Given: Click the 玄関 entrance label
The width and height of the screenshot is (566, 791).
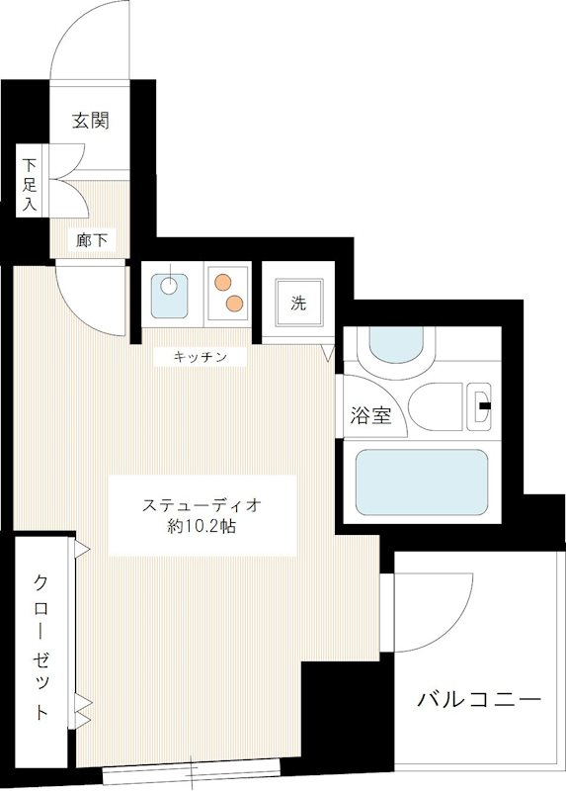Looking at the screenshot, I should click(x=89, y=121).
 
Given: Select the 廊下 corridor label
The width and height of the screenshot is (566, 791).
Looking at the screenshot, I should click(x=92, y=238).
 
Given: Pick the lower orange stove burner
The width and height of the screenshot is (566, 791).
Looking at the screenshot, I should click(x=234, y=302).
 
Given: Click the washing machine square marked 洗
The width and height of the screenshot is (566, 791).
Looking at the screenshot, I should click(x=298, y=303).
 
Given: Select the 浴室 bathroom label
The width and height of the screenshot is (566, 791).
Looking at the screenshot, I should click(x=371, y=415).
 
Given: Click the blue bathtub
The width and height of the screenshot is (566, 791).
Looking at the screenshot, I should click(x=421, y=483).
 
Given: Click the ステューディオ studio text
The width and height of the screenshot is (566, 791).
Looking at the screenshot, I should click(x=202, y=505).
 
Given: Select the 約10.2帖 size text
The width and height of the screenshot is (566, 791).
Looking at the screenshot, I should click(x=202, y=527).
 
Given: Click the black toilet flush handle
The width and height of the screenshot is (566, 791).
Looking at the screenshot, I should click(x=484, y=403).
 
